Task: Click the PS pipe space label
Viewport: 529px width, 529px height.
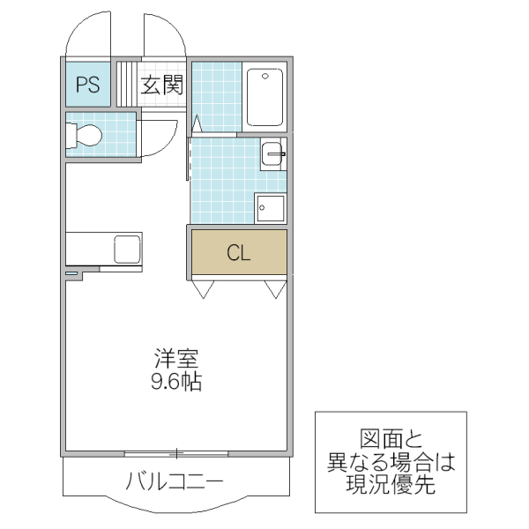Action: [86, 85]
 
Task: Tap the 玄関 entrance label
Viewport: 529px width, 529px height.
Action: [162, 85]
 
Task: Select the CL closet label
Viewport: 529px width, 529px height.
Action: [239, 253]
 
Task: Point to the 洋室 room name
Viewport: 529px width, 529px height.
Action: [177, 360]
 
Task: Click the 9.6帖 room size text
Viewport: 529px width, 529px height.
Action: [177, 383]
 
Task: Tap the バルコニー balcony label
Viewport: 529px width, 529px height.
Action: [174, 482]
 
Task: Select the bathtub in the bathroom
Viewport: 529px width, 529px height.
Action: [264, 98]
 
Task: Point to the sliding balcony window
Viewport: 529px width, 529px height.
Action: [176, 454]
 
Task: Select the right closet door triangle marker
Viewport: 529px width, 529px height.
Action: [275, 287]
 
